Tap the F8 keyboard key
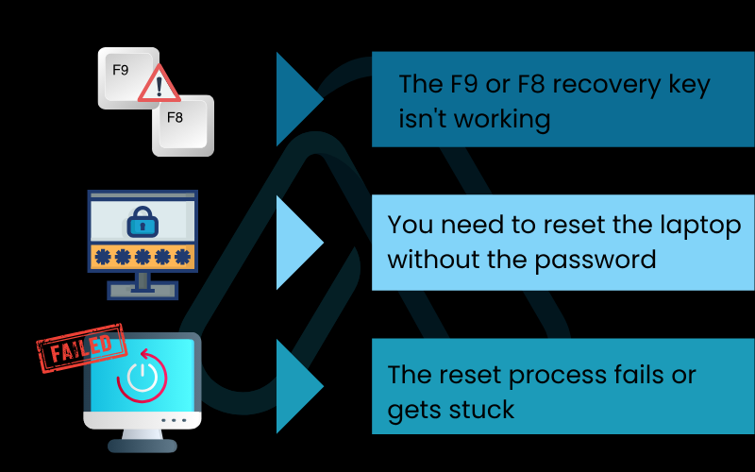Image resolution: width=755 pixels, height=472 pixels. (182, 124)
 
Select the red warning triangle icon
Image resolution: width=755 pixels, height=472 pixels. (159, 88)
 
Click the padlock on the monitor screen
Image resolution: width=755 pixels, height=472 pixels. (143, 224)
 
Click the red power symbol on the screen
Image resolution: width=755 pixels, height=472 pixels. (142, 378)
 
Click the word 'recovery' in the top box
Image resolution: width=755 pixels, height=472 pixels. (603, 85)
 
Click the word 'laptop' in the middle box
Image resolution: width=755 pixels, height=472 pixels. (695, 227)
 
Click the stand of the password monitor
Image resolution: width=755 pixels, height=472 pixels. (143, 283)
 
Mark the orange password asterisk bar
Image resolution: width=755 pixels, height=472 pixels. (143, 257)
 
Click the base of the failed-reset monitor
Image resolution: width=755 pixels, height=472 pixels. (142, 439)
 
